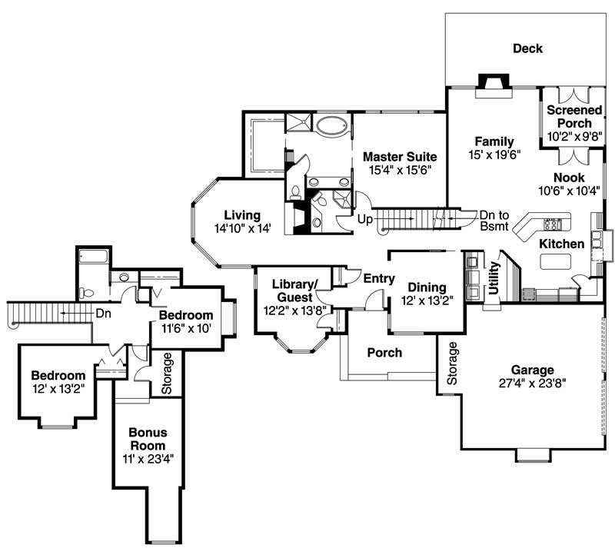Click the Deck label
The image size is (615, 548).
[x=527, y=48]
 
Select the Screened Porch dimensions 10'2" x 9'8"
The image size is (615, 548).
[x=570, y=136]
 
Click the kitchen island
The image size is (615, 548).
[x=557, y=262]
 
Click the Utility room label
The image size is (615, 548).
[x=494, y=277]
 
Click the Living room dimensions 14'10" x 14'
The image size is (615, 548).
[x=242, y=228]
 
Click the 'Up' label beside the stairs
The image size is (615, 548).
[x=366, y=220]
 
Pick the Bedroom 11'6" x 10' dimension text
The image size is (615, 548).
[x=186, y=328]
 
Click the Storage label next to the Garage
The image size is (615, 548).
[x=453, y=364]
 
